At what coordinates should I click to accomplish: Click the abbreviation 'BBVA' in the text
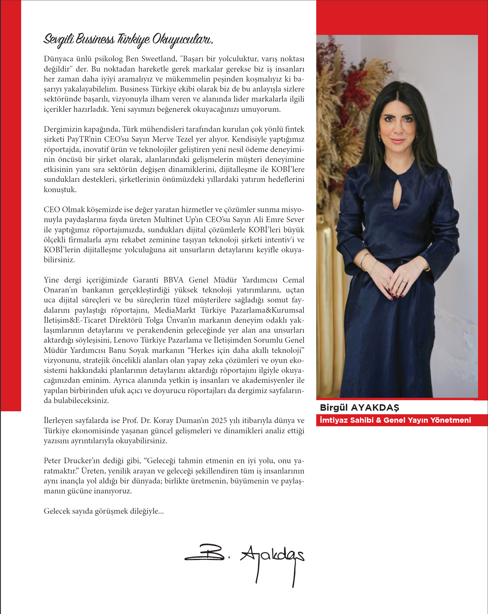pos(173,280)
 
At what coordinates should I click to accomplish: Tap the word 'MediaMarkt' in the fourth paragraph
pos(175,310)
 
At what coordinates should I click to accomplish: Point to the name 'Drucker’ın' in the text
pos(82,461)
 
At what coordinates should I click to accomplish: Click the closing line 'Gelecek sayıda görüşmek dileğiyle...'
pos(104,511)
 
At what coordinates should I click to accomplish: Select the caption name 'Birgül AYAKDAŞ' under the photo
pos(359,407)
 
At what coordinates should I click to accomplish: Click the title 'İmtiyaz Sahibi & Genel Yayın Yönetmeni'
pos(395,420)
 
